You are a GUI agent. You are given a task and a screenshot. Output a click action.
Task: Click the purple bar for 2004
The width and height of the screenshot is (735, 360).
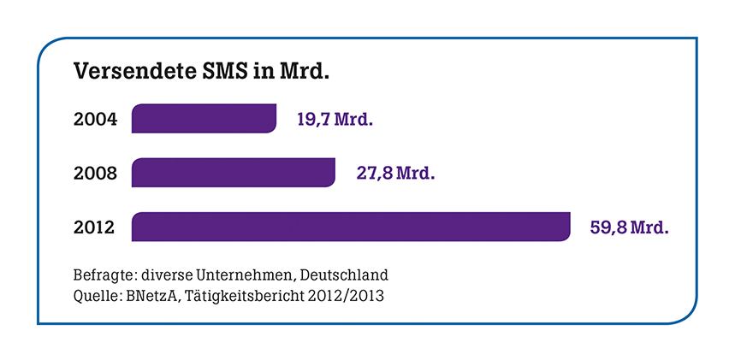click(x=204, y=119)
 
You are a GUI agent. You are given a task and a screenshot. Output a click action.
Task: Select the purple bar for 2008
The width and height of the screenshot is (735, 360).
click(x=233, y=173)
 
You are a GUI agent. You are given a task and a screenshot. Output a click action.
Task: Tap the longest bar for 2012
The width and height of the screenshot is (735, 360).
click(x=350, y=227)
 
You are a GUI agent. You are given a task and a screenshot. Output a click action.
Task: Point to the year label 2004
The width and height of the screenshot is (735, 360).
click(x=96, y=119)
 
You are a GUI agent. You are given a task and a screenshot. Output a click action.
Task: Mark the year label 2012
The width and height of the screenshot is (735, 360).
click(x=96, y=227)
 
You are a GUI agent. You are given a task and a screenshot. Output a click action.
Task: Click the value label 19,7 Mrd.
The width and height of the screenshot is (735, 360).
click(x=335, y=119)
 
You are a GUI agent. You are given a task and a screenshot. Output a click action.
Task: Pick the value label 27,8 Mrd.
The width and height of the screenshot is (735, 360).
click(x=395, y=173)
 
